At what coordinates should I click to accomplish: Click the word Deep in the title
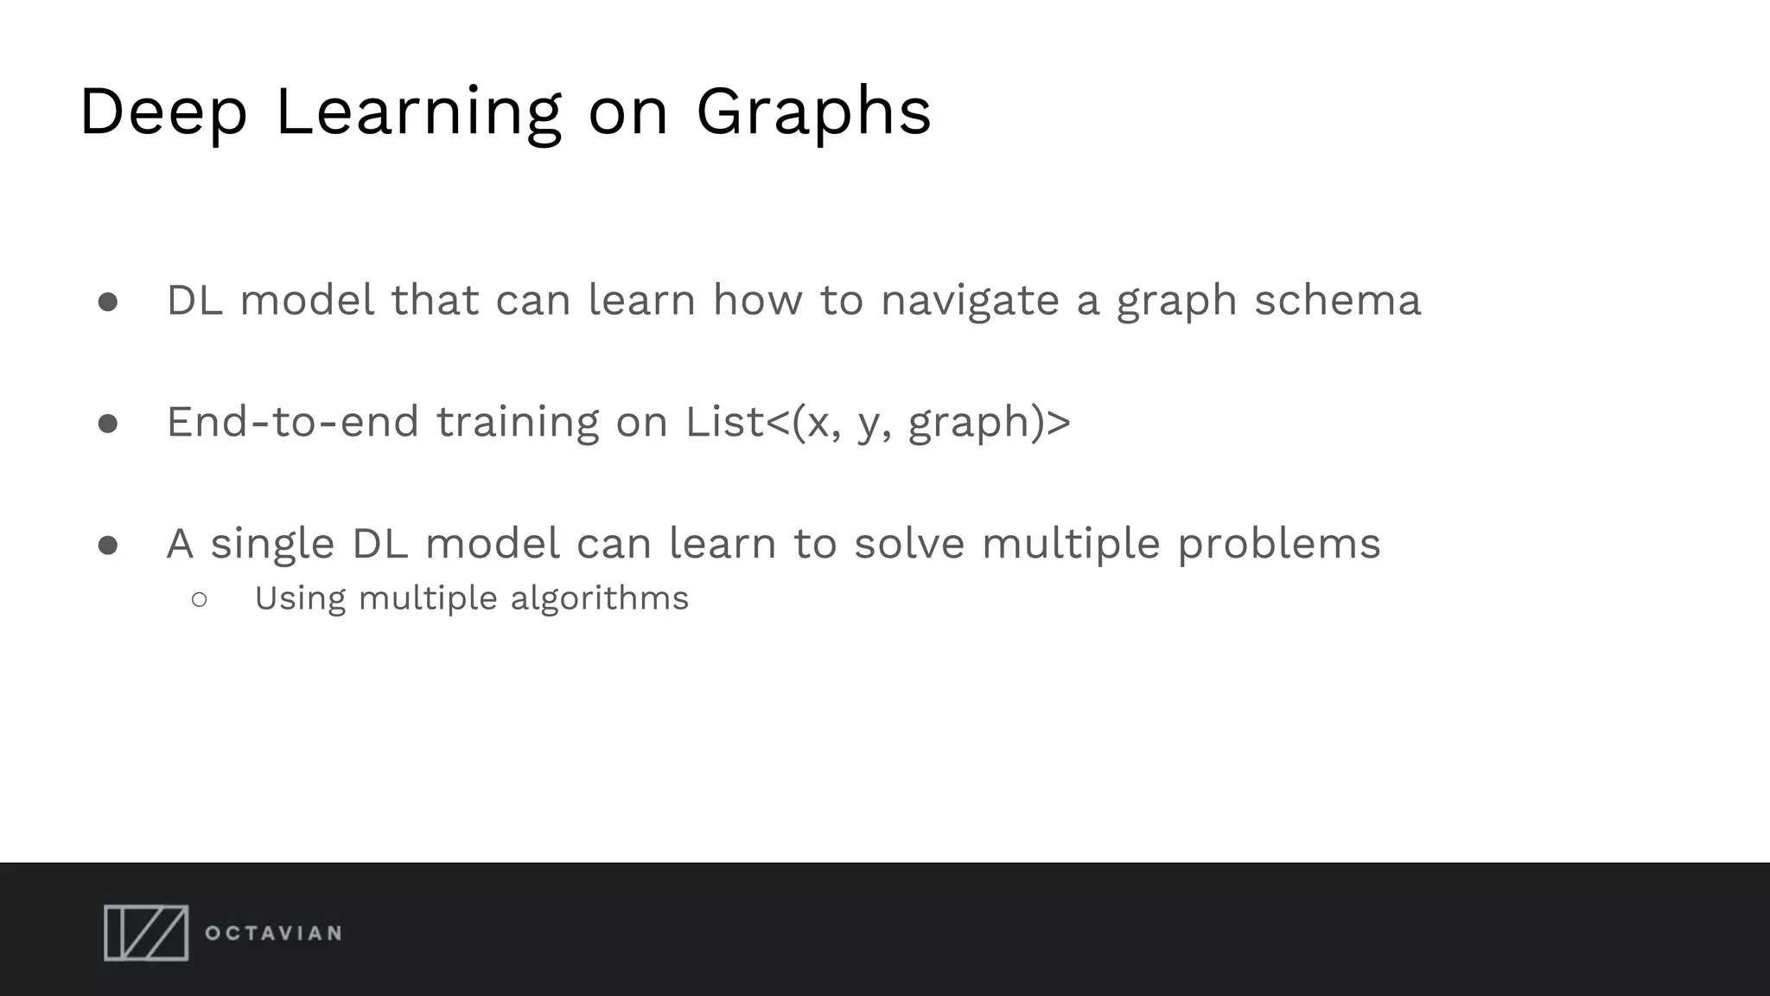click(x=163, y=112)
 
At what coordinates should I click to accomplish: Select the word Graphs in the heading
click(x=813, y=112)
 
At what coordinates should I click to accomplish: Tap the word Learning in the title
click(x=418, y=112)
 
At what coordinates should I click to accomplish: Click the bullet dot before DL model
click(x=108, y=302)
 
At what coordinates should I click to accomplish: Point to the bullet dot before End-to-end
click(x=108, y=424)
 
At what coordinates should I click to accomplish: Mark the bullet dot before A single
click(x=108, y=546)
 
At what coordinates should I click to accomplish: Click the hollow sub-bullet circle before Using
click(x=200, y=599)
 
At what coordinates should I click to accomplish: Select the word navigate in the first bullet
click(x=970, y=302)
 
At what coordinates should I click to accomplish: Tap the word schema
click(x=1337, y=301)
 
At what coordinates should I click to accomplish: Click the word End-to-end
click(x=292, y=423)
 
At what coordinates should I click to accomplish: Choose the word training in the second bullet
click(x=517, y=424)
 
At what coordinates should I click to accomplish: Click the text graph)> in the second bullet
click(x=989, y=424)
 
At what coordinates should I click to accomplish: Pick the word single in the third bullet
click(x=272, y=545)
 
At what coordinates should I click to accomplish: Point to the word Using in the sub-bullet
click(x=300, y=598)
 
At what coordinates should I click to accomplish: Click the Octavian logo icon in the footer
click(x=146, y=933)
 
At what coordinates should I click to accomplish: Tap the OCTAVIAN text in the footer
click(x=273, y=934)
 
